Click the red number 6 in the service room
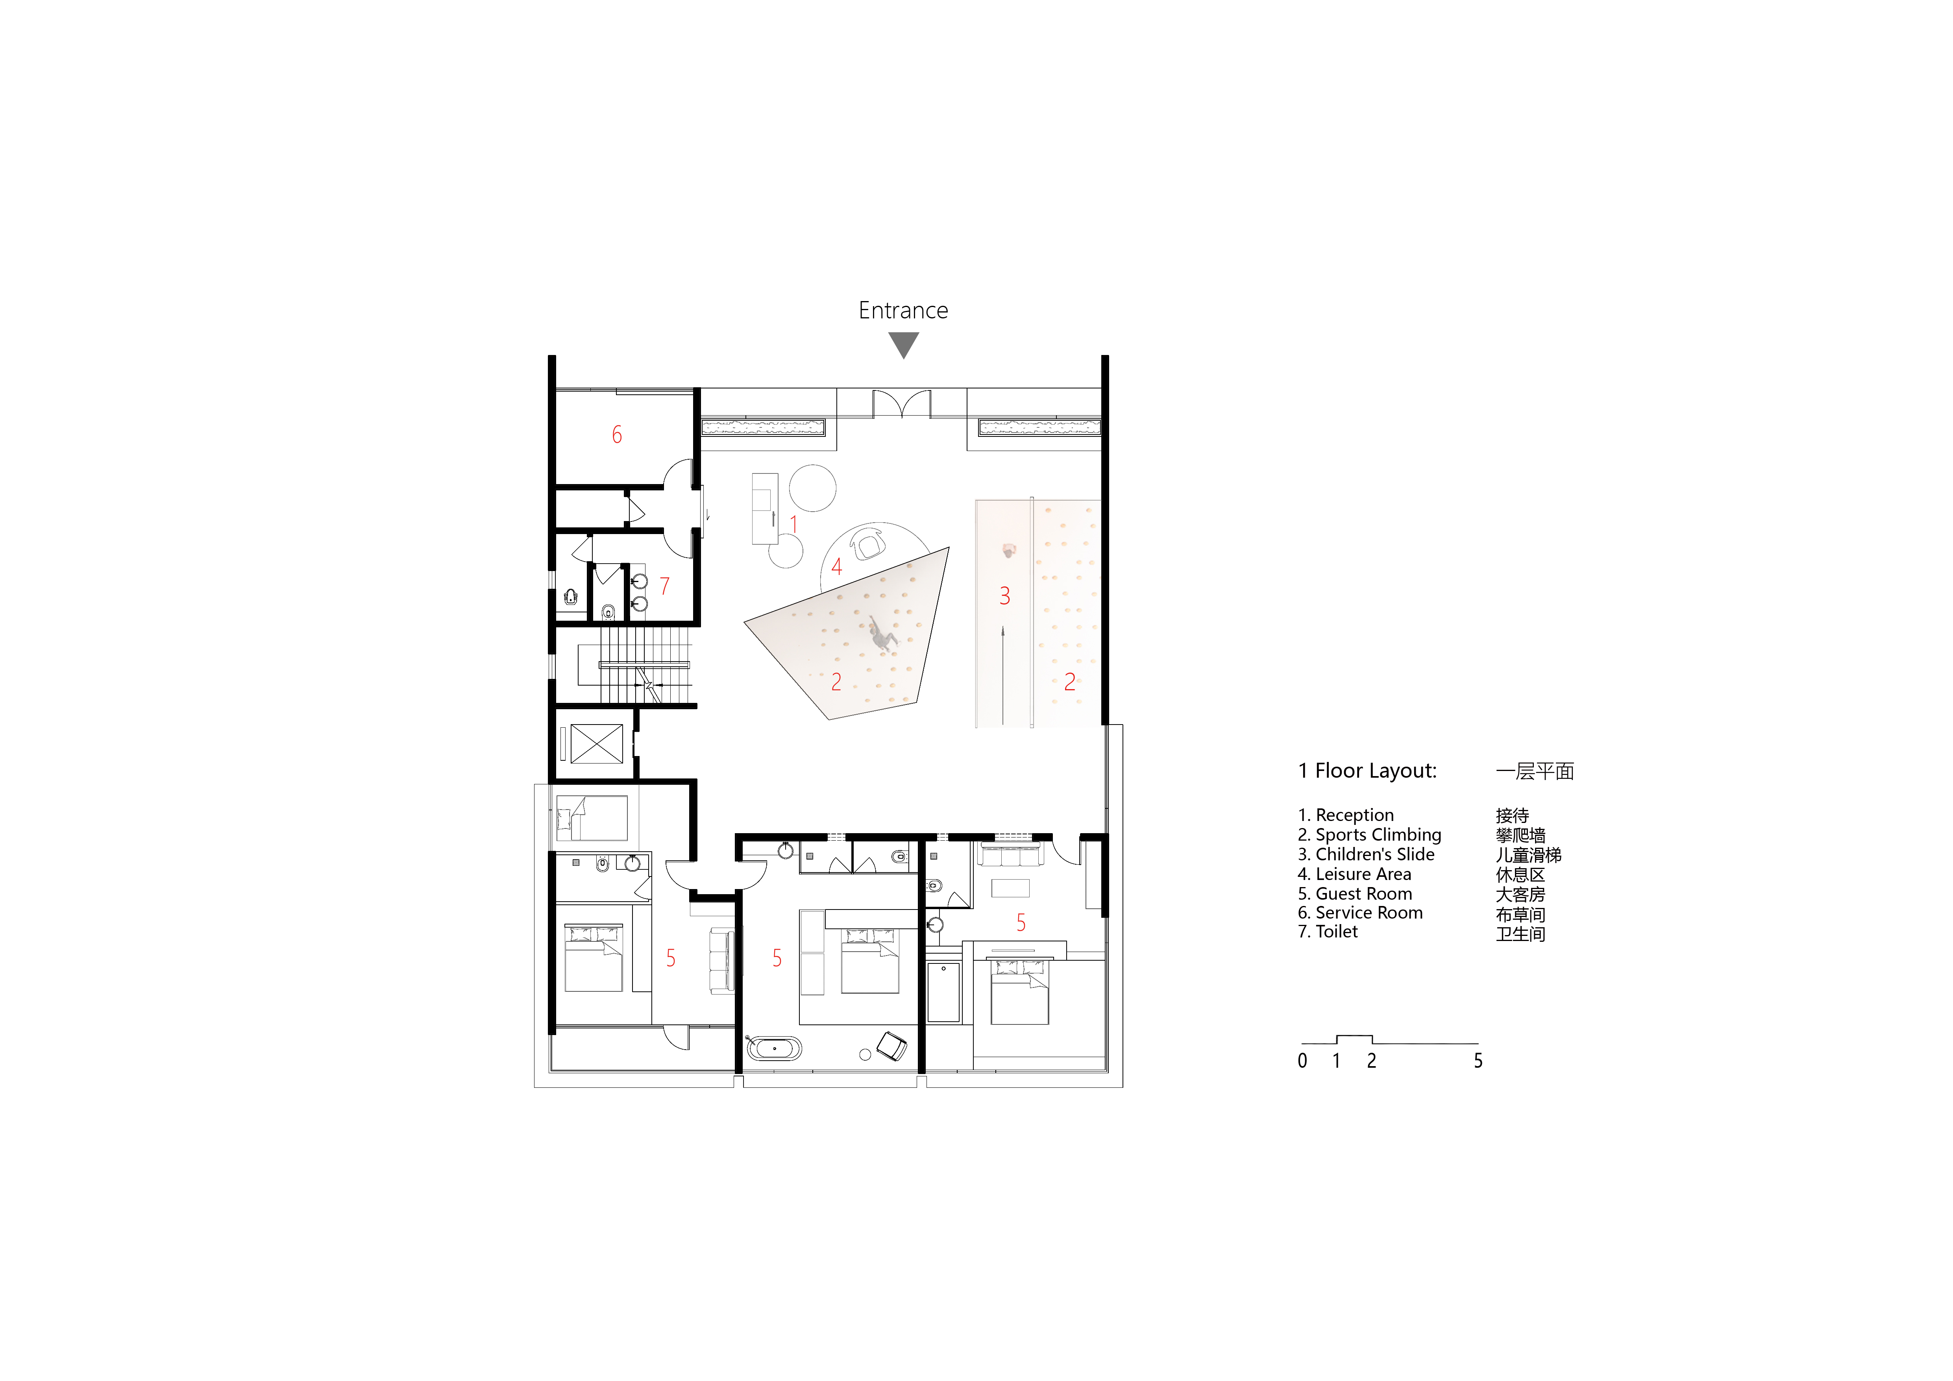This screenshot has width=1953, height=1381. click(x=617, y=434)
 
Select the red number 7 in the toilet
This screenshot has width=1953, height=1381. click(x=664, y=586)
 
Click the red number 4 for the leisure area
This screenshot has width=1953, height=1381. click(x=836, y=566)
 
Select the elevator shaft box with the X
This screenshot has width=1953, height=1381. click(x=596, y=743)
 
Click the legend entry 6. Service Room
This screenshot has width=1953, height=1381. click(x=1360, y=912)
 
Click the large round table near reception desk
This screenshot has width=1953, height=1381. click(x=812, y=488)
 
